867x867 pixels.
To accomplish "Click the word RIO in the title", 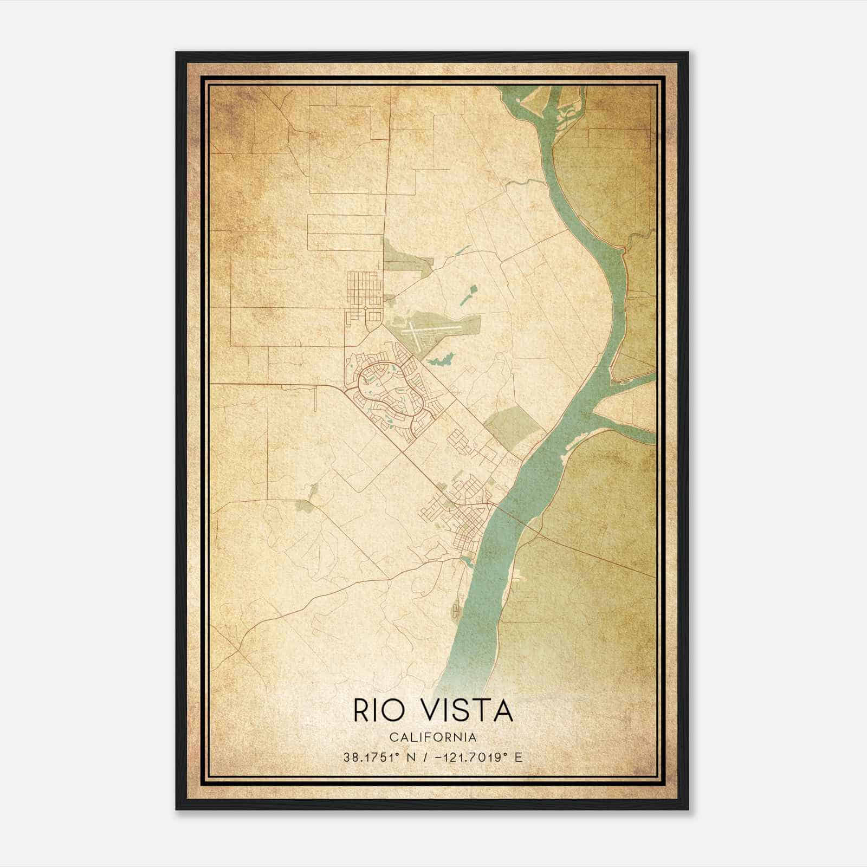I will click(379, 710).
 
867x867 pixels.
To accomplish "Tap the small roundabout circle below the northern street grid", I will click(366, 308).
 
